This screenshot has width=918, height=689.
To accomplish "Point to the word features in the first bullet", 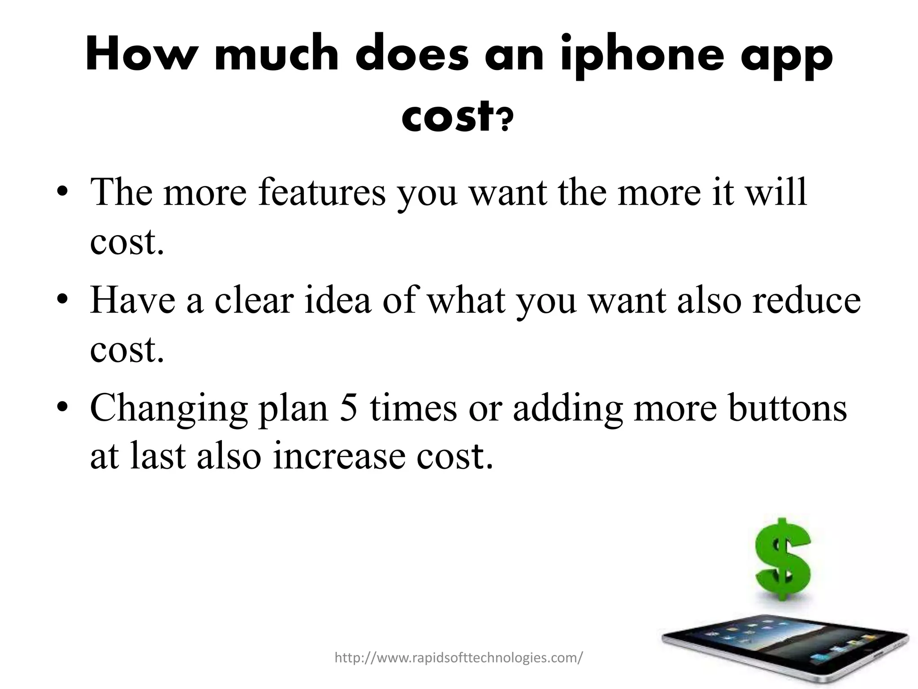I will [x=321, y=192].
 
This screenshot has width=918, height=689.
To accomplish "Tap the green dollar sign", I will [x=783, y=565].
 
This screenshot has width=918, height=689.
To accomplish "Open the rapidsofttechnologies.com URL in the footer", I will [x=459, y=658].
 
